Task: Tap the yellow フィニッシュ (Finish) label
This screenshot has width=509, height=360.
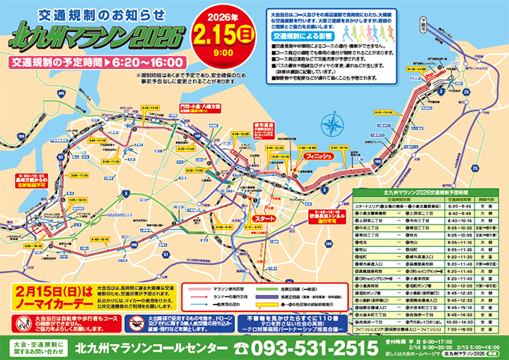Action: (310, 158)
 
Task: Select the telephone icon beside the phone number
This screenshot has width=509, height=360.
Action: (241, 347)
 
